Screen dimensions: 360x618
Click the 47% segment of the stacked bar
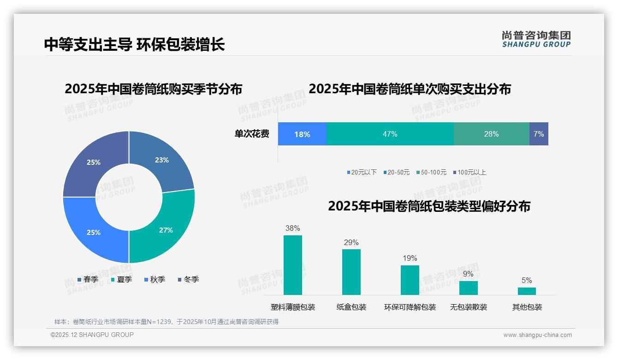[390, 134]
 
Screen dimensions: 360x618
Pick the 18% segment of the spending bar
[302, 134]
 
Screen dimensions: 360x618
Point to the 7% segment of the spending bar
[539, 134]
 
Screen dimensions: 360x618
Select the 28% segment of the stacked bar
[491, 134]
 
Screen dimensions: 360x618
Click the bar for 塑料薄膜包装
[292, 265]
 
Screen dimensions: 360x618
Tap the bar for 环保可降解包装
[410, 280]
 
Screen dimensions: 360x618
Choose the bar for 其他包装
[527, 291]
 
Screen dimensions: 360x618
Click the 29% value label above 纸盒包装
[351, 242]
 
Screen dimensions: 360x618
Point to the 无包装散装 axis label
[468, 307]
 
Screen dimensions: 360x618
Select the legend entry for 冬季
[188, 279]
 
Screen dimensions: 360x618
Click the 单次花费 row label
[252, 134]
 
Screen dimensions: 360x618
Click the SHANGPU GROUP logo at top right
[536, 39]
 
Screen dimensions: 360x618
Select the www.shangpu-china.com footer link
[537, 335]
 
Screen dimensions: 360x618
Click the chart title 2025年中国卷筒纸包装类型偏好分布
[429, 206]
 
